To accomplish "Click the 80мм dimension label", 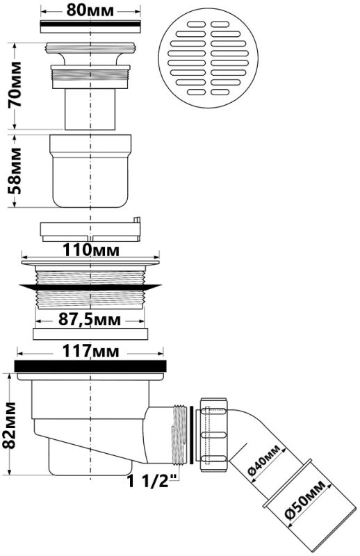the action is [x=90, y=10].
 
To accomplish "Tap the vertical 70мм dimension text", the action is [x=15, y=84].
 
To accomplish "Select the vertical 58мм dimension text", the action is [x=15, y=170].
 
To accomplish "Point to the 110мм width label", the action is [x=91, y=250].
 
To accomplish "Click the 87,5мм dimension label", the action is [x=90, y=320].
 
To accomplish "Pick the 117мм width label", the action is [x=91, y=352].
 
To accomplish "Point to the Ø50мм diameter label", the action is [x=304, y=500].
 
